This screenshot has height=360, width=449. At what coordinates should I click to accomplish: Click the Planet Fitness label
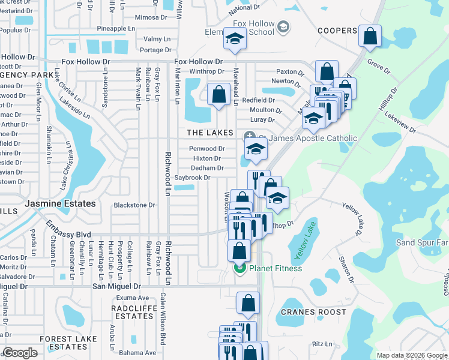[276, 269]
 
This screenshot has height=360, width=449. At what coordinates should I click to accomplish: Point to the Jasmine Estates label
[60, 204]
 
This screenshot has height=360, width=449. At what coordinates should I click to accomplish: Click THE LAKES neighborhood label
[210, 133]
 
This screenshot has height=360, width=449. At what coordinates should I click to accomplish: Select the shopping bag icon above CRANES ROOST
[248, 304]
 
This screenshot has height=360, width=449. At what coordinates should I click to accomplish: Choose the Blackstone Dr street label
[134, 205]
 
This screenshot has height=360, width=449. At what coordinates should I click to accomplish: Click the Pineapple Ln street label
[116, 28]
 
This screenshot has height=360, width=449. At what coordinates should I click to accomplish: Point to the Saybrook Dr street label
[192, 178]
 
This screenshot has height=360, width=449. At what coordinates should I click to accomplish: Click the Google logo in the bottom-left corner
[20, 353]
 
